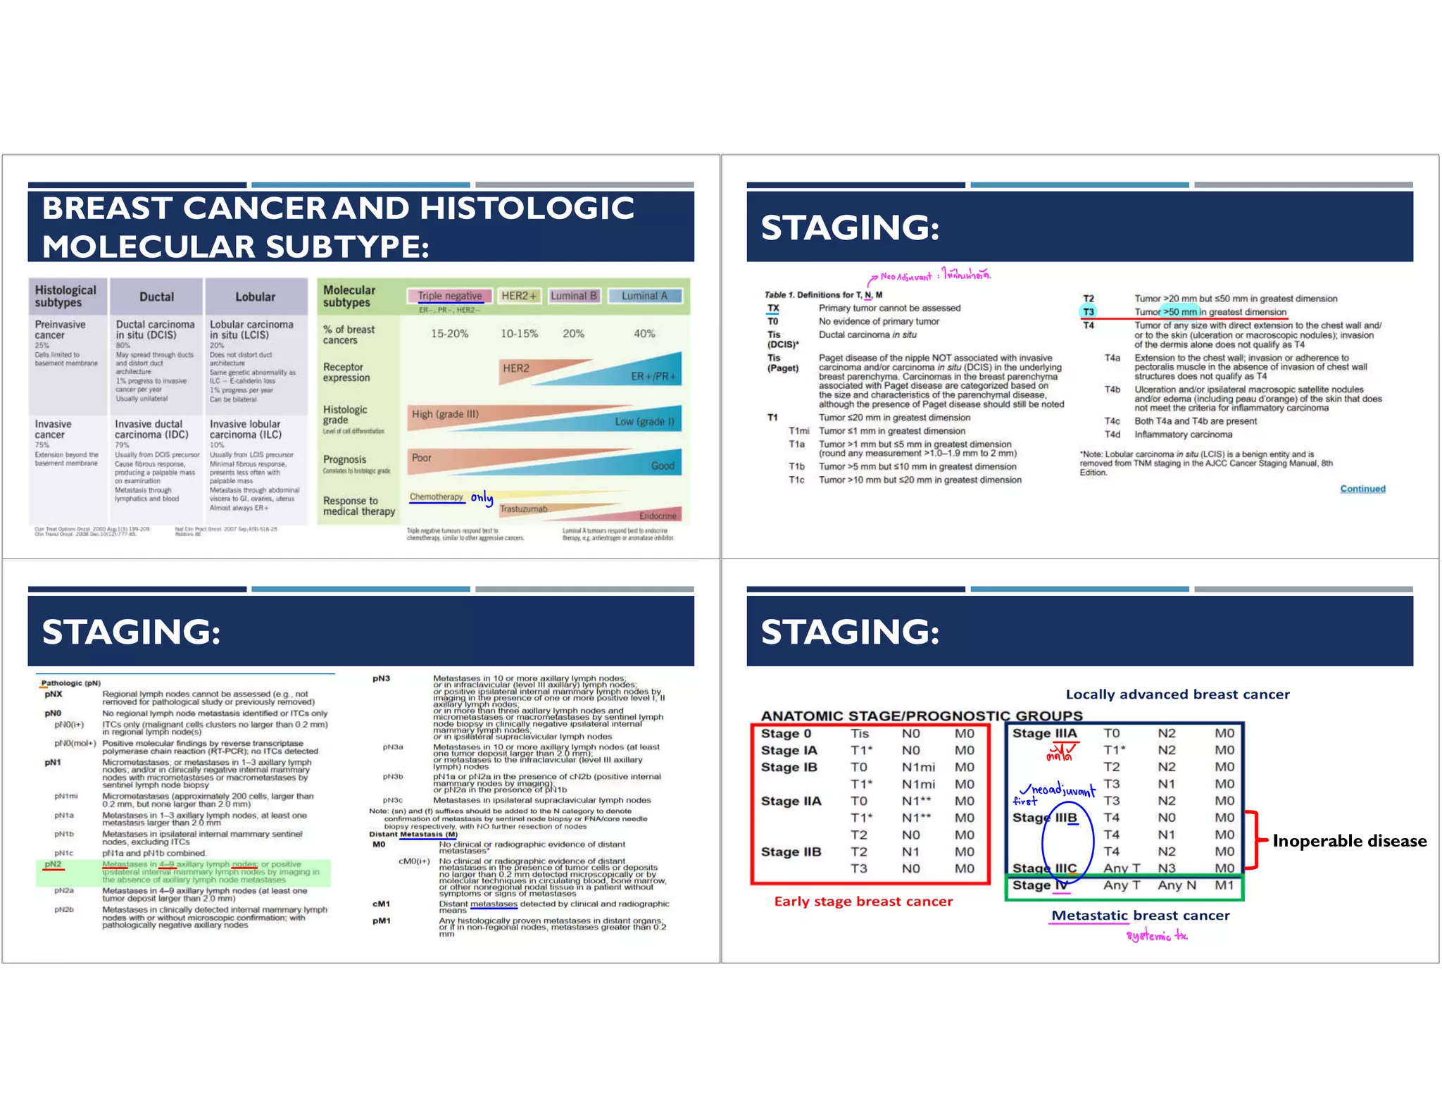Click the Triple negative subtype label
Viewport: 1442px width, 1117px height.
[x=449, y=296]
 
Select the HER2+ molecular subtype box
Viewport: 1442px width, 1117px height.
[x=518, y=296]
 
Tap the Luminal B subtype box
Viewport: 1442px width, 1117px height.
[x=573, y=296]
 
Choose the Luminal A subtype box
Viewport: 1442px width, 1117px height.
[x=644, y=296]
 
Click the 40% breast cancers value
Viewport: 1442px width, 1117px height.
[x=644, y=333]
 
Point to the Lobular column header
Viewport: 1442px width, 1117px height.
[x=255, y=297]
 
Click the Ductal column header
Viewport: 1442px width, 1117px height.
[x=156, y=297]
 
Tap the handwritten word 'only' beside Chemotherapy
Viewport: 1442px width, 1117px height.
[x=482, y=498]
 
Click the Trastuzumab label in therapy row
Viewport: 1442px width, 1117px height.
[x=523, y=508]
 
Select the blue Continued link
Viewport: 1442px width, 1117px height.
[x=1362, y=489]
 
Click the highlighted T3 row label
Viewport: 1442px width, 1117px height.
[x=1089, y=312]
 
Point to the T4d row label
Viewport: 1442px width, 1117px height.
[x=1112, y=435]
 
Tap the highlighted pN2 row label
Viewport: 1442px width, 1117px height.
[x=53, y=864]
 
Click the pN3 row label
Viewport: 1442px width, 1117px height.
[x=381, y=678]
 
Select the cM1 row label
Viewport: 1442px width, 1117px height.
[x=381, y=904]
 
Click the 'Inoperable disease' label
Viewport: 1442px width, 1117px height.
[x=1349, y=841]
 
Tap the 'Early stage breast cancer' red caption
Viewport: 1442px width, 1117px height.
[x=863, y=901]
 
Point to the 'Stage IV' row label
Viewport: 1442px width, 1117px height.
[x=1040, y=885]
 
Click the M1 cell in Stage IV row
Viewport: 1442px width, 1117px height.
[x=1224, y=885]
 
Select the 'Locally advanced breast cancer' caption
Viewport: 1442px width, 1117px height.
[x=1177, y=694]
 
